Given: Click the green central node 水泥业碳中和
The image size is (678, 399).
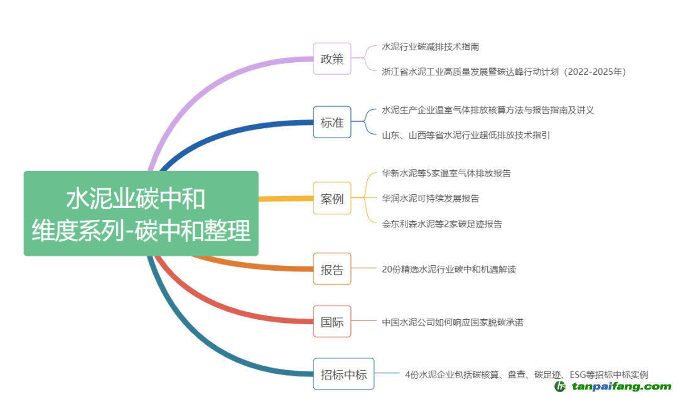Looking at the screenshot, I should point(141,214).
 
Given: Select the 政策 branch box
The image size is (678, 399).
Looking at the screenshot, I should point(332,59).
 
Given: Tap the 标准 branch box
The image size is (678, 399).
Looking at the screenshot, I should point(332,123).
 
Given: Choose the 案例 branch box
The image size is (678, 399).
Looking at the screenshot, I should point(332,199).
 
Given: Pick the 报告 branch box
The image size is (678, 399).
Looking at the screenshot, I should point(332,269).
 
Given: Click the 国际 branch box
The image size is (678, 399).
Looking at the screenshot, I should point(332,322).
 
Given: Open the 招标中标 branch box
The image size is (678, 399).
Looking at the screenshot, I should point(343,374).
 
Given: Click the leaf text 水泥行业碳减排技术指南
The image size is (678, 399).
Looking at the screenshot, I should point(431,47).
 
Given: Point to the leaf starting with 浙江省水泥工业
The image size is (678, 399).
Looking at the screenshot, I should point(503,72).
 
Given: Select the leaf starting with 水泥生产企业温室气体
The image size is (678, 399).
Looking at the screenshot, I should point(488,110).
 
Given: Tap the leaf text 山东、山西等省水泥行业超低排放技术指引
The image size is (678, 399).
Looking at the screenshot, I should point(465,135).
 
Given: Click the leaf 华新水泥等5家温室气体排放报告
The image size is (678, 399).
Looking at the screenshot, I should point(446,173).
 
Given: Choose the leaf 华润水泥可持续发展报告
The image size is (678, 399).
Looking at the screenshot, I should point(430,199).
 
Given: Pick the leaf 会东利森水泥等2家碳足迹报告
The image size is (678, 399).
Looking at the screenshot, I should point(441,224).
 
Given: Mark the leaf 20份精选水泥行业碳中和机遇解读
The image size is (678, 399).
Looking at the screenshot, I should point(449,270).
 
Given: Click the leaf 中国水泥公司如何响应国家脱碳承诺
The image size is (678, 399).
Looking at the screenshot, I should point(452,322).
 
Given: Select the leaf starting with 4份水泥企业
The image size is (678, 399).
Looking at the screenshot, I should point(526,375).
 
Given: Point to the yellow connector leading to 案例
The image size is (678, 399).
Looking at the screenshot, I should point(286,199).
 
